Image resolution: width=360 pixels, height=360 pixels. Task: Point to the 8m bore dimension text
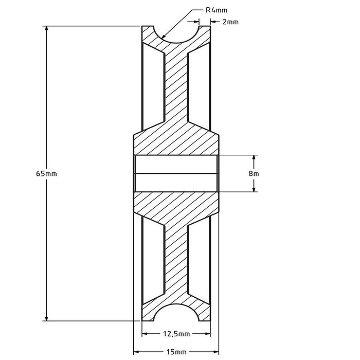(254, 173)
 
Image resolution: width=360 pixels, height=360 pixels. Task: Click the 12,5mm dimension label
(177, 334)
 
